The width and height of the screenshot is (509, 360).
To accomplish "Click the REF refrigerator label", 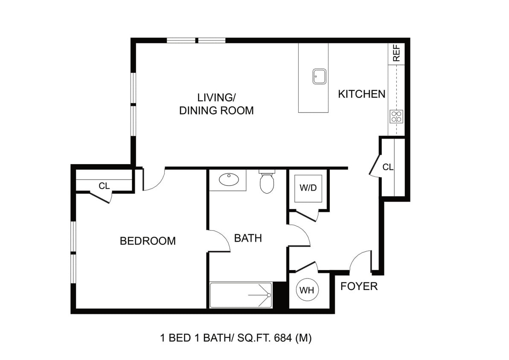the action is [x=396, y=54].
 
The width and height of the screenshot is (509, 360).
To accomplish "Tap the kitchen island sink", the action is [x=320, y=77].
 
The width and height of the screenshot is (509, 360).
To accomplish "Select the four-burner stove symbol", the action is [x=396, y=116].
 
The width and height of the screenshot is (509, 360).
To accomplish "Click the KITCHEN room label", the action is [x=362, y=94].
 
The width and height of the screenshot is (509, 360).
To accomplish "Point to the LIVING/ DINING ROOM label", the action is [x=216, y=104].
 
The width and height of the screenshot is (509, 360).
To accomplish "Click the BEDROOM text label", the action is [x=148, y=241].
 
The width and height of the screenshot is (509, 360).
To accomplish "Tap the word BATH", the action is [x=248, y=238].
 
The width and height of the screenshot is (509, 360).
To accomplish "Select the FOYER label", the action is [x=359, y=286].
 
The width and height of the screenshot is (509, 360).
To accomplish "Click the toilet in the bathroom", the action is [x=267, y=182].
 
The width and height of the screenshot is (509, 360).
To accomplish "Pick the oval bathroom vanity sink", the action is [x=229, y=179].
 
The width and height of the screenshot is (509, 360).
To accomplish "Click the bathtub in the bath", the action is [x=241, y=295].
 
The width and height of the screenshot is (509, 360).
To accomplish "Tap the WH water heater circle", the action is [x=307, y=290].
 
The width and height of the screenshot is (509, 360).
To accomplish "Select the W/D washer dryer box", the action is [x=308, y=188].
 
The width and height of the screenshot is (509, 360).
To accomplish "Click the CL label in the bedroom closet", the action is [x=104, y=186].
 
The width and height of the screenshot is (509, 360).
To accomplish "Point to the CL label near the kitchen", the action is [x=388, y=167].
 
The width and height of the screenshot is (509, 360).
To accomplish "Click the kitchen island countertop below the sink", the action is [x=313, y=99].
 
